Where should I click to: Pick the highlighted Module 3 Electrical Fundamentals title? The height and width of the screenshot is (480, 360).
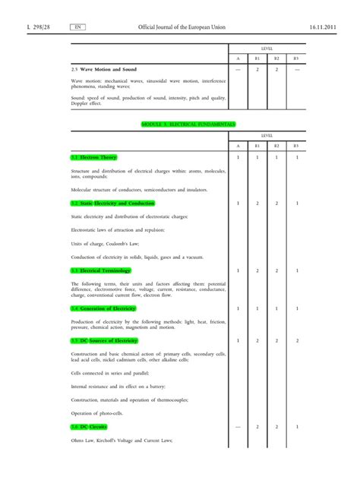[188, 123]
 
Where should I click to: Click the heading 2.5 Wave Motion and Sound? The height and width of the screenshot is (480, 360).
[110, 69]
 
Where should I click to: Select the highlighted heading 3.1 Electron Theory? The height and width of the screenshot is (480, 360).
[93, 157]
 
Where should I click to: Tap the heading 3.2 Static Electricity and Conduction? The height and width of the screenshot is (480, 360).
[112, 204]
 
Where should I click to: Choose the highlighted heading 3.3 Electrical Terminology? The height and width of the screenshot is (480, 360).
[101, 270]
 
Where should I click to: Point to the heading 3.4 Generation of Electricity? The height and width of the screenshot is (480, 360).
[103, 308]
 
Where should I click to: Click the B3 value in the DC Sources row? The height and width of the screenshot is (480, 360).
[296, 341]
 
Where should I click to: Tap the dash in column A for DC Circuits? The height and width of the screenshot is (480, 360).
[238, 428]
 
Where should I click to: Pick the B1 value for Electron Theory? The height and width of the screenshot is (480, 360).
[257, 157]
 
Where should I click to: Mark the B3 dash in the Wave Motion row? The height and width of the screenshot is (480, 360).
[296, 69]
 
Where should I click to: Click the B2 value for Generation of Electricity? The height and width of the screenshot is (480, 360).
[276, 308]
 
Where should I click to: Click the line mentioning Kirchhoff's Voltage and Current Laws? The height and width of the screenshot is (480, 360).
[122, 441]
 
